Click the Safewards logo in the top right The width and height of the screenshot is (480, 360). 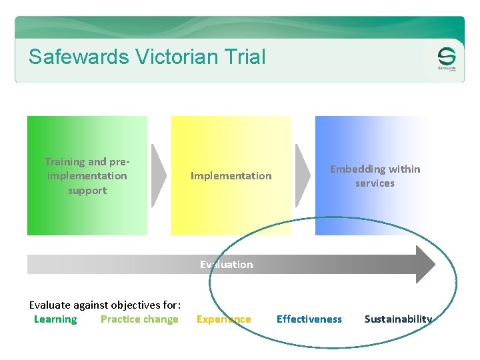click(x=446, y=59)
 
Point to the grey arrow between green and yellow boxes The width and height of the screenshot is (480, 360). click(x=159, y=176)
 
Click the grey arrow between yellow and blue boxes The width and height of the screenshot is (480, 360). click(x=303, y=176)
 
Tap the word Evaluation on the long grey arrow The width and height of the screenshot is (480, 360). click(x=227, y=265)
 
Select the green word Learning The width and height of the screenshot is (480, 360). click(x=55, y=319)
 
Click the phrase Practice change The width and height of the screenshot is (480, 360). click(x=139, y=319)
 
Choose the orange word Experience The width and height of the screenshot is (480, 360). click(x=224, y=319)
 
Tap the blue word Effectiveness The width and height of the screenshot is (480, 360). click(x=309, y=319)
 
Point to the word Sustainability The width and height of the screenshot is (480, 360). click(x=398, y=319)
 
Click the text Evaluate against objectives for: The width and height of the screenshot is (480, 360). click(x=105, y=305)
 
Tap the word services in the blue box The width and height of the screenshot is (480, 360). click(x=375, y=183)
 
